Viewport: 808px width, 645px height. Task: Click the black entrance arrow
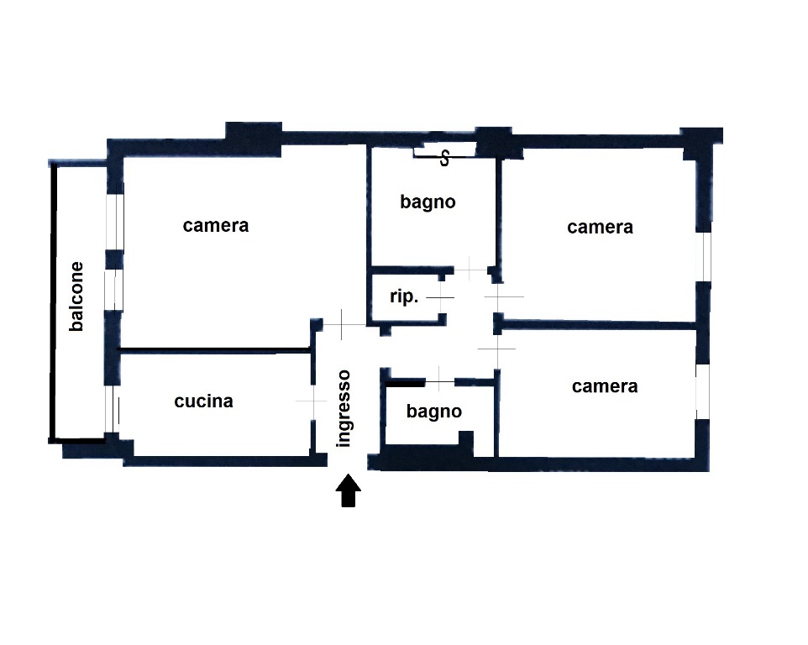(x=349, y=490)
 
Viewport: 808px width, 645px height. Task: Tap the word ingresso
(x=343, y=408)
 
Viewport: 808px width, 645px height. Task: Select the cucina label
(x=203, y=401)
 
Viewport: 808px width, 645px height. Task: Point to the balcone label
(x=76, y=296)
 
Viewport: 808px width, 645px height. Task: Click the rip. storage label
(x=404, y=296)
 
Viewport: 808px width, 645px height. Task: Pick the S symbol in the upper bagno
(x=444, y=159)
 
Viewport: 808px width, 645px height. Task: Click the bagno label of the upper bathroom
(x=428, y=202)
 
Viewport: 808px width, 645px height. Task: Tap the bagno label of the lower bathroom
(x=434, y=412)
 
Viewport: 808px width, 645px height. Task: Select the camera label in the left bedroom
(x=216, y=226)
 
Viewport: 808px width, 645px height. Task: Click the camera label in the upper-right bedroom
(x=600, y=228)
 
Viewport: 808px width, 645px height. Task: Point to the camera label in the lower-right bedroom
(x=605, y=386)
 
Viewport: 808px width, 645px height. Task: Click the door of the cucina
(x=312, y=401)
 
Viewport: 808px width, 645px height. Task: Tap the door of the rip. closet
(x=441, y=297)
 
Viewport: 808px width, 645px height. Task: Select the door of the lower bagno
(x=439, y=382)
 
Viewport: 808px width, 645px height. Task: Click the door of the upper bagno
(x=470, y=270)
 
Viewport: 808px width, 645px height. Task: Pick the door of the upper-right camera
(x=498, y=297)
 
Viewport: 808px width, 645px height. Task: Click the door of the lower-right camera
(x=497, y=349)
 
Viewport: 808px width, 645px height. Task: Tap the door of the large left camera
(x=342, y=324)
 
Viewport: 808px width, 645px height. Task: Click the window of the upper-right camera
(x=703, y=257)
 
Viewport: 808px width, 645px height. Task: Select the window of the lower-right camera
(x=702, y=391)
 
